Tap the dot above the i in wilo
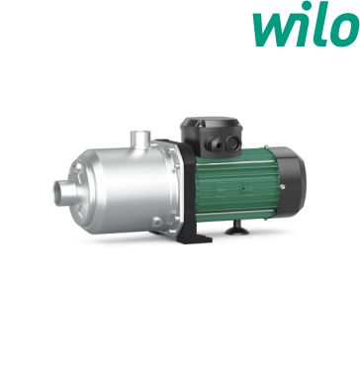pyautogui.click(x=308, y=5)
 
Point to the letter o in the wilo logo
pyautogui.click(x=345, y=30)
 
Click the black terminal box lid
pyautogui.click(x=212, y=123)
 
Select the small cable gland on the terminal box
pyautogui.click(x=212, y=143)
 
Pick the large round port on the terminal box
pyautogui.click(x=233, y=143)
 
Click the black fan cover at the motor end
pyautogui.click(x=290, y=181)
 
